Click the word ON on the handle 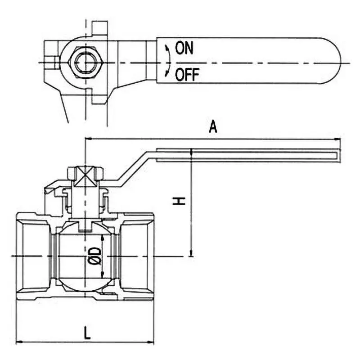[184, 48]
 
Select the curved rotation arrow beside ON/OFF [167, 61]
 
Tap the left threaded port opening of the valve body [33, 256]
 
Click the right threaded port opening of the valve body [138, 256]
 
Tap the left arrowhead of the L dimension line [18, 343]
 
